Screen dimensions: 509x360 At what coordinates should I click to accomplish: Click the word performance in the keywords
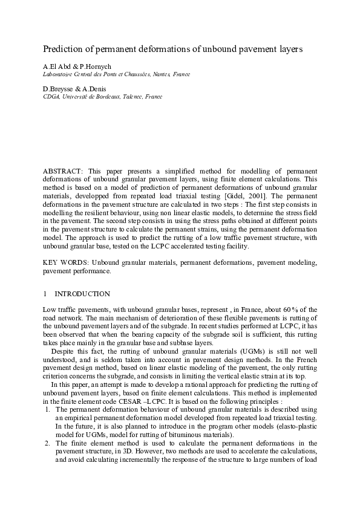point(91,271)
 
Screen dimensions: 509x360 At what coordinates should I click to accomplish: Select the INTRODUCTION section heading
point(82,294)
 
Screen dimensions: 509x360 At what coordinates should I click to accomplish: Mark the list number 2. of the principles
point(47,443)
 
